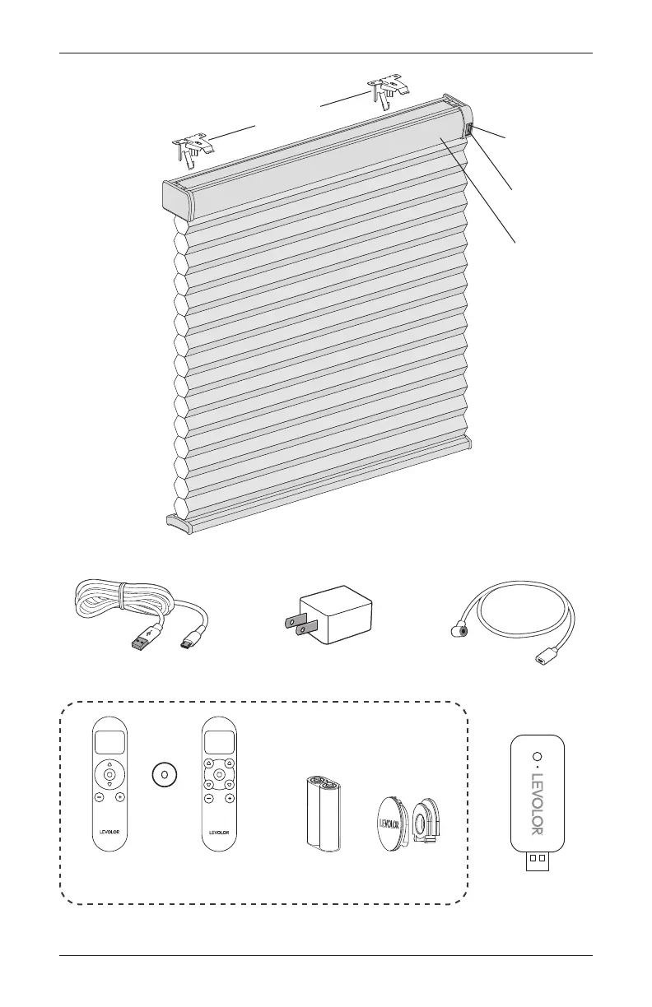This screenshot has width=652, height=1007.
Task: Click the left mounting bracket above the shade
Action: pos(191,148)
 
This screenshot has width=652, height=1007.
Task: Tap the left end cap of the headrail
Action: pos(174,198)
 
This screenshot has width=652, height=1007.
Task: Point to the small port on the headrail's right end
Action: pos(468,130)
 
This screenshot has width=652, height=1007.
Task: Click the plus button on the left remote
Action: pos(120,797)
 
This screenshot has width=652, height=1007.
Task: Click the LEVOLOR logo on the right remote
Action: pos(218,832)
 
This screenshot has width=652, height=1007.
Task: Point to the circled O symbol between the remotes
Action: pos(164,774)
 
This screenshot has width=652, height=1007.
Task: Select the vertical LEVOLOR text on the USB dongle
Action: pos(539,802)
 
